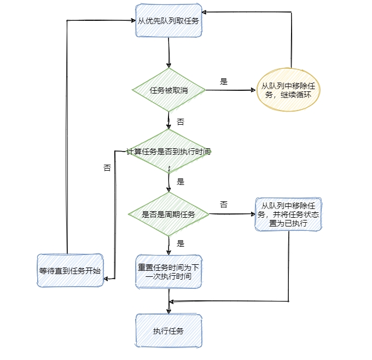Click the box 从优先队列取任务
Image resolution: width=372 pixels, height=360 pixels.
click(x=169, y=21)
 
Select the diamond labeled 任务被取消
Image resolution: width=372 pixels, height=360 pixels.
click(x=169, y=90)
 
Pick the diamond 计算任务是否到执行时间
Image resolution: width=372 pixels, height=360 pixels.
click(x=169, y=152)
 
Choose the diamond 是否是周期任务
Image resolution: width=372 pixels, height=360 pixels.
click(x=169, y=214)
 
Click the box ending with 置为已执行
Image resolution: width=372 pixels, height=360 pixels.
click(x=288, y=214)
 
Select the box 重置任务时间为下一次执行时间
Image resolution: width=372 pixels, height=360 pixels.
click(x=169, y=272)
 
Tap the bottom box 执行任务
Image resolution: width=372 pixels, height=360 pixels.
click(x=169, y=331)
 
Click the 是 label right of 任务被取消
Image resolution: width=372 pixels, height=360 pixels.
click(x=224, y=82)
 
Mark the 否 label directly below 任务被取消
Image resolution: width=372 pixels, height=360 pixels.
click(x=181, y=121)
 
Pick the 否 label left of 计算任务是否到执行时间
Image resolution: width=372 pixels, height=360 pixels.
click(x=107, y=168)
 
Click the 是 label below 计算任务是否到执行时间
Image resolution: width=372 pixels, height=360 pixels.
click(x=181, y=182)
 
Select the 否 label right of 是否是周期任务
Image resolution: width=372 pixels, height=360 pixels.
click(x=224, y=204)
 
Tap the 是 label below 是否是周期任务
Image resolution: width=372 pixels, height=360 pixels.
click(x=181, y=243)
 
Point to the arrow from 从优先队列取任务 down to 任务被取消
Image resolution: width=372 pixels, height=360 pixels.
click(x=169, y=54)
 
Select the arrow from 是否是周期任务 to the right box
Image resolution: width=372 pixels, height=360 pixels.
click(x=233, y=214)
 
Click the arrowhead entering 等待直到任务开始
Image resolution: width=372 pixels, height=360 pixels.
click(x=106, y=279)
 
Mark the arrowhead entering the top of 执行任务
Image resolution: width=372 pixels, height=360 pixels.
click(x=169, y=311)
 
